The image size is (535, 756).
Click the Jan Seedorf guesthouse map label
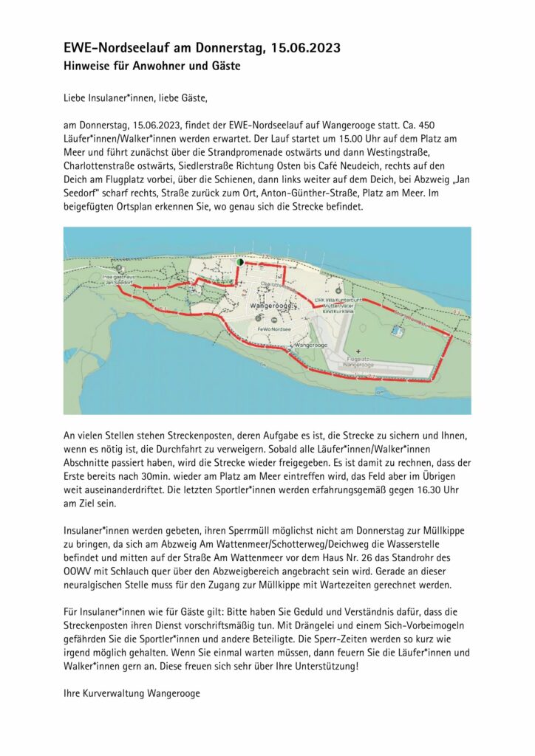pyautogui.click(x=118, y=280)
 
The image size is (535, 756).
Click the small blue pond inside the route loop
pyautogui.click(x=399, y=330)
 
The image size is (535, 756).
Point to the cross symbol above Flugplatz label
pyautogui.click(x=358, y=351)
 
